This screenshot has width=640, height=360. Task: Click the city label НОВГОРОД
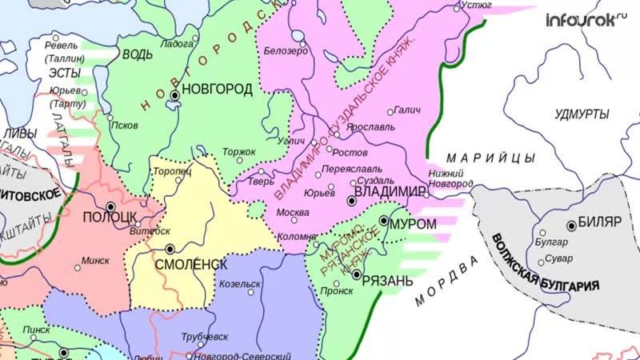click(218, 89)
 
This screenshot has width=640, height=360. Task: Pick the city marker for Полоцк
click(110, 206)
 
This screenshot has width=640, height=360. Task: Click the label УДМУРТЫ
click(582, 114)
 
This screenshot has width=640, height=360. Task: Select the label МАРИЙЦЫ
click(480, 154)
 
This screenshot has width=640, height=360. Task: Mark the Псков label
click(126, 126)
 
